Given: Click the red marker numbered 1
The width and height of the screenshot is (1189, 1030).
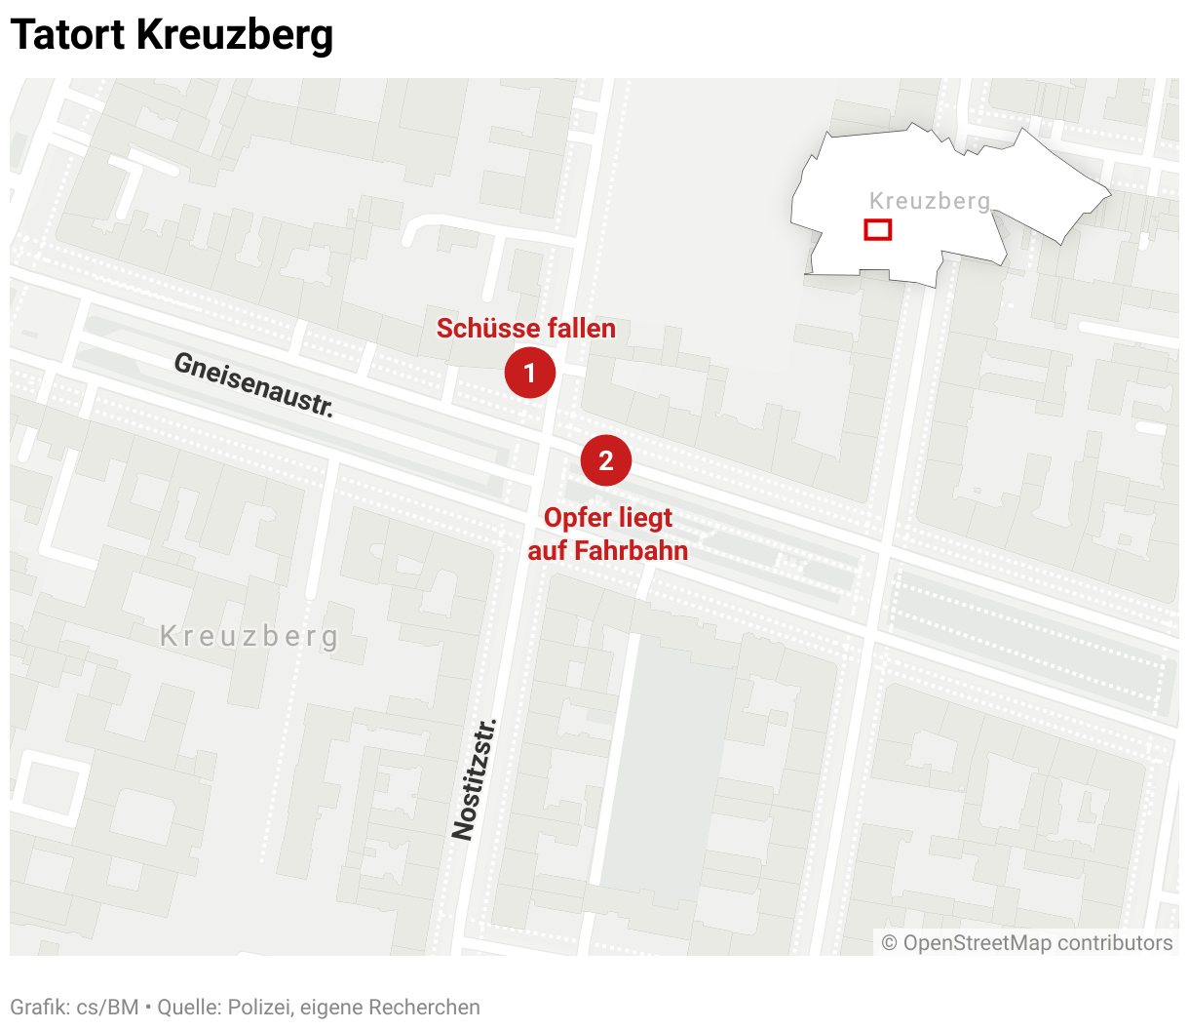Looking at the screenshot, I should [530, 373].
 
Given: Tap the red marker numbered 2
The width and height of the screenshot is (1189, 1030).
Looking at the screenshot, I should [606, 460].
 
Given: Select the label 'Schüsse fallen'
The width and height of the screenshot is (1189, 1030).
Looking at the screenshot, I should [525, 329].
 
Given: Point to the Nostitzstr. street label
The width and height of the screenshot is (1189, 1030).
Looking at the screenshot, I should [475, 779].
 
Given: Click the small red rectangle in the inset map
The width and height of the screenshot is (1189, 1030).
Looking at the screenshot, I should [878, 230].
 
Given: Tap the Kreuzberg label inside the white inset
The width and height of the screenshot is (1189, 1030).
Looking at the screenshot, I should [929, 201].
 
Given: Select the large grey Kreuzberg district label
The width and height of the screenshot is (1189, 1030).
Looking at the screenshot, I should [249, 637].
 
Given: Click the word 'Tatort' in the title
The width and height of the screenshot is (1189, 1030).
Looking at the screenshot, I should [67, 35].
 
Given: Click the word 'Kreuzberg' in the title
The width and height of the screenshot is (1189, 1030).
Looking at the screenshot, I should [235, 35].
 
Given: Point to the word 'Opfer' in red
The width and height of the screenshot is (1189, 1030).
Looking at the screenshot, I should [574, 518].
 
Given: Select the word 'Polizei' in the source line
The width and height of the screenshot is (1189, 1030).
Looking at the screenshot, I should [260, 1008].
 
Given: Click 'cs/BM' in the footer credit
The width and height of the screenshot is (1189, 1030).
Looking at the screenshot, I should [108, 1008].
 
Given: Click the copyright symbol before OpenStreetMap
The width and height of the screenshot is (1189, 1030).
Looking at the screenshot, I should [889, 943].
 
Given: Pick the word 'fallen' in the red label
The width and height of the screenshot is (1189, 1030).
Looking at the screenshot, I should [580, 329].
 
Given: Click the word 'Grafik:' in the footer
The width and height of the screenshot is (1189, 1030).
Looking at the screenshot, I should [39, 1008].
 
